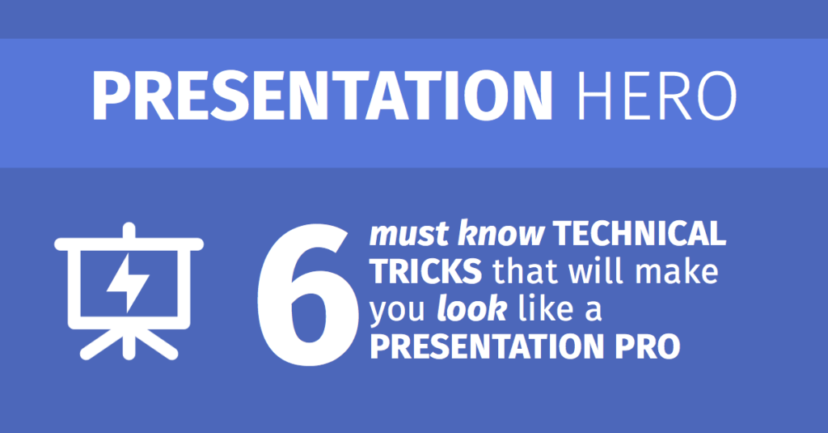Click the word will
pyautogui.click(x=598, y=272)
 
